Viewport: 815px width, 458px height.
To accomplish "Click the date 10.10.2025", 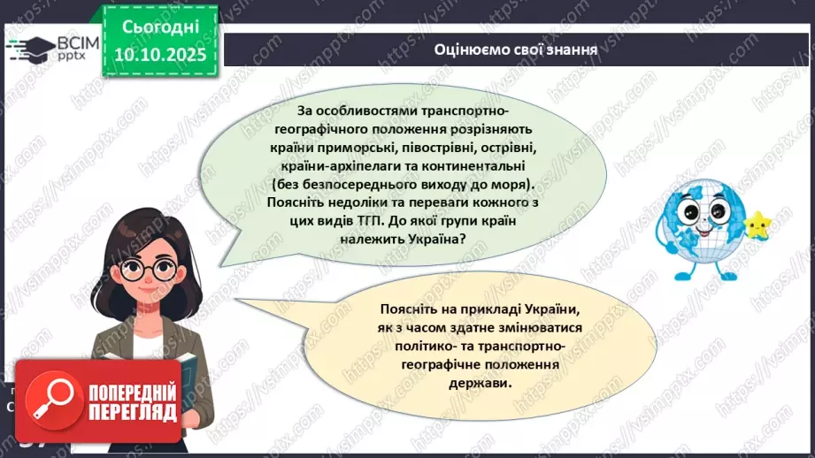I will [x=159, y=55].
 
